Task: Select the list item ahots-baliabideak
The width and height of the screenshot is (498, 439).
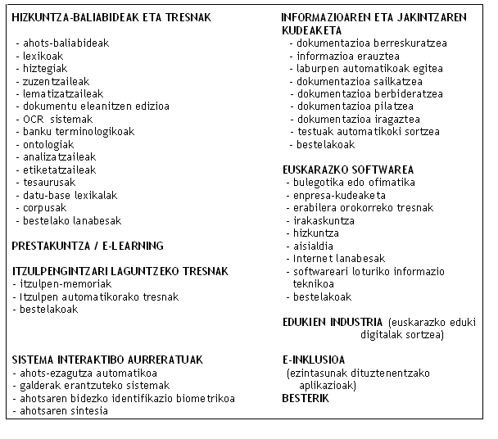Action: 65,42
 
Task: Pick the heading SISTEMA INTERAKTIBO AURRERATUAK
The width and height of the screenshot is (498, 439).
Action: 106,360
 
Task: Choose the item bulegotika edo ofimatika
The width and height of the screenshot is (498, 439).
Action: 357,183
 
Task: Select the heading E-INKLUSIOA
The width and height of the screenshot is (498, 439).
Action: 313,360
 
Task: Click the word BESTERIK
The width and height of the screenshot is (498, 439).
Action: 305,398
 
